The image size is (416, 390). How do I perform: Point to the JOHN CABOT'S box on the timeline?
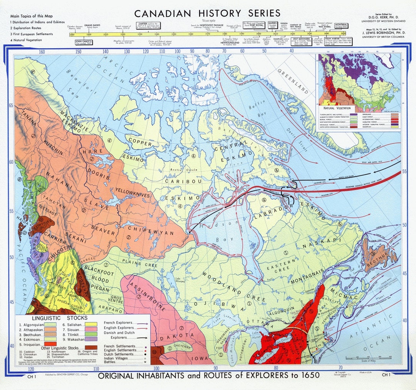click(84, 41)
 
